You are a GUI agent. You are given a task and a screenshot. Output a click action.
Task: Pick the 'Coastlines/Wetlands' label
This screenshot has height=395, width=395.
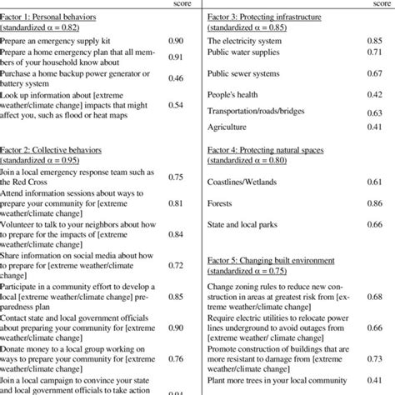coord(242,181)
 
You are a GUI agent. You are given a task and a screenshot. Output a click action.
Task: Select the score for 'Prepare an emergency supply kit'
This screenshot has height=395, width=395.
coord(176,40)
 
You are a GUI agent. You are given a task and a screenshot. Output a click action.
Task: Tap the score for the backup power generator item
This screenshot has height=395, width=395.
coord(176,77)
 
